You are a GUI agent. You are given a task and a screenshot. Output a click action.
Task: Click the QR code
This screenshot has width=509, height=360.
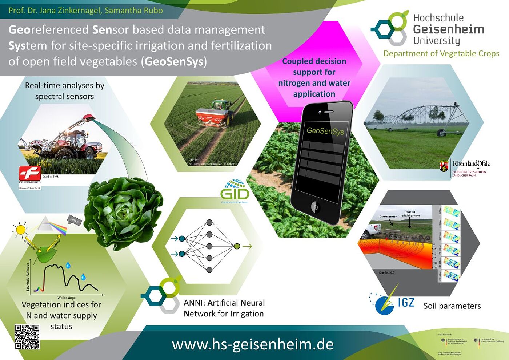pos(27,336)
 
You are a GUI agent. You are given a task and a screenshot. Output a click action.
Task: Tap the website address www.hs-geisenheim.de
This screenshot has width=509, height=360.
pos(253,344)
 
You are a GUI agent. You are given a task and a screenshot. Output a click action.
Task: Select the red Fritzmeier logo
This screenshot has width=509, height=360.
pos(30,174)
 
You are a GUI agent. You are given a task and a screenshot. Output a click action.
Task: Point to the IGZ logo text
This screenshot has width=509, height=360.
pos(406,302)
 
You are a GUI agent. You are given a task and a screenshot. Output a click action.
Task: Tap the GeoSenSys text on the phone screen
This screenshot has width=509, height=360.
pos(325,131)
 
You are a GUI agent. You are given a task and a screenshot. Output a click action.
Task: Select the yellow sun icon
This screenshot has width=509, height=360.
pos(20,230)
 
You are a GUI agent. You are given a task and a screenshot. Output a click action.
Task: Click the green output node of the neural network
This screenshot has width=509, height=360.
pos(237,246)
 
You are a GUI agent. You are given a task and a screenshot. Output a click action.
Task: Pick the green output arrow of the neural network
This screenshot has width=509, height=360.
pos(247,246)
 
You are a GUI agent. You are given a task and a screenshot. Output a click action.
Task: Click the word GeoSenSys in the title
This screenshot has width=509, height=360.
pos(174,61)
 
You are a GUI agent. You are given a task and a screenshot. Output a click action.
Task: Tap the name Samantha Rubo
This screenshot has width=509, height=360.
pos(134,10)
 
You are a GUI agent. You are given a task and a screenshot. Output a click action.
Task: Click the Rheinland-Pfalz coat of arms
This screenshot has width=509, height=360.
pos(444,166)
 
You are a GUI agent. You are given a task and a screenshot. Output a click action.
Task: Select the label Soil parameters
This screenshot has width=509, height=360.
pos(452,306)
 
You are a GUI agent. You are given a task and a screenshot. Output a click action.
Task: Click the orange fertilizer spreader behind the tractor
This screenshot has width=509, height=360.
pos(211,115)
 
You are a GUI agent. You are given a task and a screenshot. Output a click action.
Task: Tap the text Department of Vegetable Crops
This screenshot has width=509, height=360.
pos(441,53)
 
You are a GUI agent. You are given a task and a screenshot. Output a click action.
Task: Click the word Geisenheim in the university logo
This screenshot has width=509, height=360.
pos(449,29)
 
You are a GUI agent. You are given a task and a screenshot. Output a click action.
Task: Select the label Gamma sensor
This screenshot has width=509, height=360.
pos(388,217)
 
